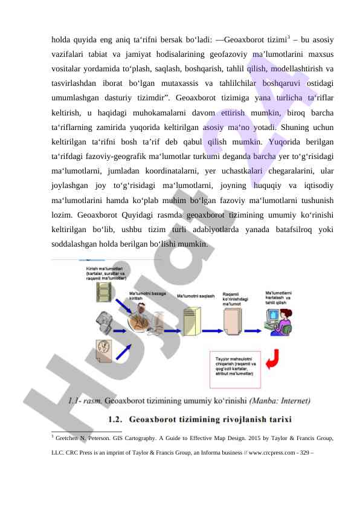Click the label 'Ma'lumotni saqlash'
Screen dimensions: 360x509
pos(196,296)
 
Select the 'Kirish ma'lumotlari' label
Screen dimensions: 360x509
pos(106,273)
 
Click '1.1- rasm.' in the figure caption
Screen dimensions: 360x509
pos(85,400)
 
